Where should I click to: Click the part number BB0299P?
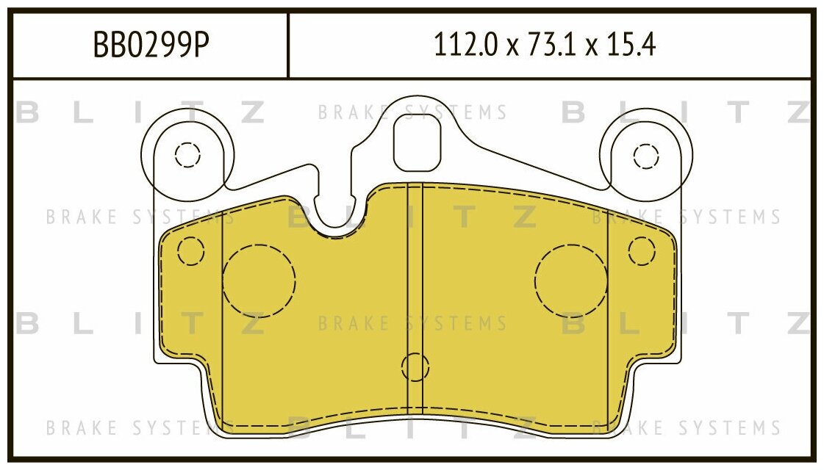(151, 46)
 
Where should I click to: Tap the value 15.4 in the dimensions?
(631, 46)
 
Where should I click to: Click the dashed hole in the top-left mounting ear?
(187, 155)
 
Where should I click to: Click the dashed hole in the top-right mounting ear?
(646, 156)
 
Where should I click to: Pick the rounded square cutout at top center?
(417, 142)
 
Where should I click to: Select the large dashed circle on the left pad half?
(259, 281)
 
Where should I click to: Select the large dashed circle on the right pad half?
(571, 281)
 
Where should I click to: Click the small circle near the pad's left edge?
(190, 251)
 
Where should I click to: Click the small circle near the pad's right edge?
(641, 251)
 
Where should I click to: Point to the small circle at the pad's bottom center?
(415, 367)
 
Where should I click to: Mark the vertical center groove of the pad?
(415, 294)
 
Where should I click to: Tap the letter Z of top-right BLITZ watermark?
(798, 112)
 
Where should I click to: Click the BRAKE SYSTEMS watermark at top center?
(412, 113)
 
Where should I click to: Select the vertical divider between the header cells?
(287, 46)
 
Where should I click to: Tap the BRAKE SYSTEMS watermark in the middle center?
(412, 323)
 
